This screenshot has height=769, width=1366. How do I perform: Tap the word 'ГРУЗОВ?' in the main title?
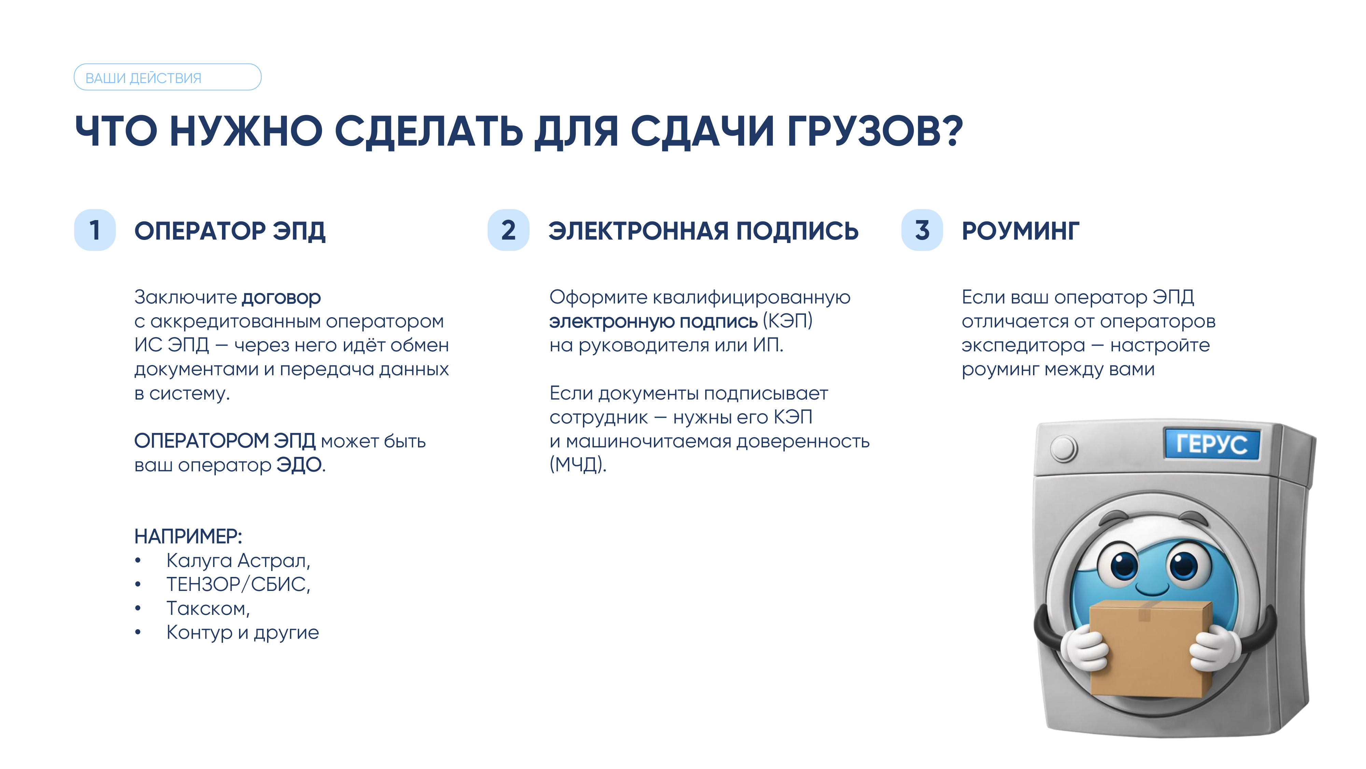(x=875, y=131)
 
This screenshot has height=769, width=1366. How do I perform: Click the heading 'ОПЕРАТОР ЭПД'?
(x=230, y=231)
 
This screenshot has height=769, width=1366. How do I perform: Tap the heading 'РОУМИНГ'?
(x=1021, y=231)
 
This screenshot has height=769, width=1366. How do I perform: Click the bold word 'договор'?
(x=281, y=298)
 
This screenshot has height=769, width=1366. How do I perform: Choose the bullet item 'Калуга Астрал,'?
(x=238, y=561)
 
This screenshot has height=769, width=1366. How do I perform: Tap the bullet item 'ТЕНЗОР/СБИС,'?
(x=238, y=584)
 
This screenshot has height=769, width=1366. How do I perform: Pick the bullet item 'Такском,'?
(x=208, y=608)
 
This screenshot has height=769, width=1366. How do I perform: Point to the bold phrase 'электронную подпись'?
(x=653, y=322)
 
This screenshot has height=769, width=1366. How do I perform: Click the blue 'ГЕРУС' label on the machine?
(x=1212, y=444)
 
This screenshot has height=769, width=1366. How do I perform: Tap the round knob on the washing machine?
(x=1064, y=448)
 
